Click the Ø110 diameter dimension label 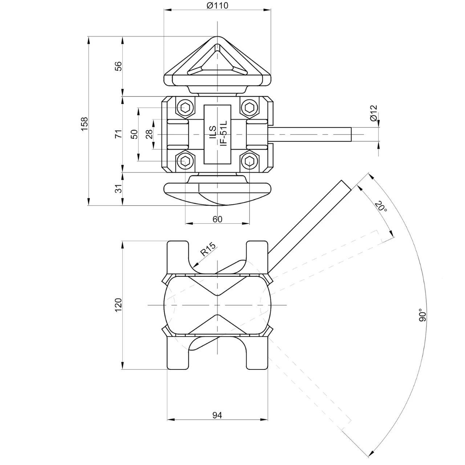[217, 5]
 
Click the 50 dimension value [134, 134]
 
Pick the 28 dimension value [149, 134]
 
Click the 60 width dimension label [217, 219]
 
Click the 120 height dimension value [118, 305]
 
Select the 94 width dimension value [217, 415]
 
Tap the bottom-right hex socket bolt [249, 160]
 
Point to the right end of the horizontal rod [351, 134]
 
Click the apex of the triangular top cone [217, 37]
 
